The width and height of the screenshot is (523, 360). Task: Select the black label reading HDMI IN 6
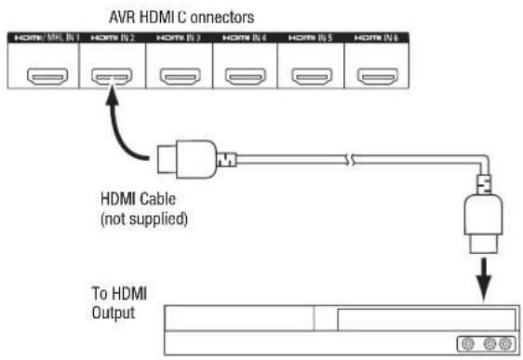pos(377,38)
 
